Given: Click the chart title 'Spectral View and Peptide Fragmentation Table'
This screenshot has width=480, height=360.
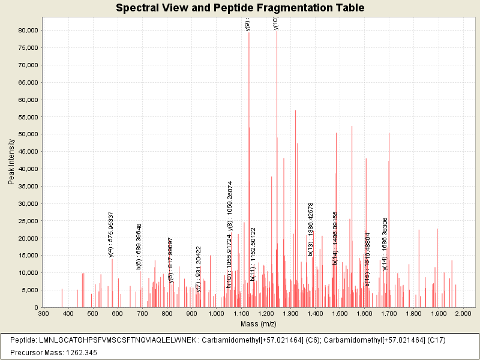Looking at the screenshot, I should click(240, 8).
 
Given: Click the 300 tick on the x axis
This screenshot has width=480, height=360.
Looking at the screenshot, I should click(43, 313).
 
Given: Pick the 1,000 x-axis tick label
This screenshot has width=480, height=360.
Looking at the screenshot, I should click(216, 313).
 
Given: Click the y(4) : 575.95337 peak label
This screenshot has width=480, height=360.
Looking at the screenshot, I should click(111, 234).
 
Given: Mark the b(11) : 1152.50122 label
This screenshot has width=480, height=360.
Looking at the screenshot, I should click(253, 254).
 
